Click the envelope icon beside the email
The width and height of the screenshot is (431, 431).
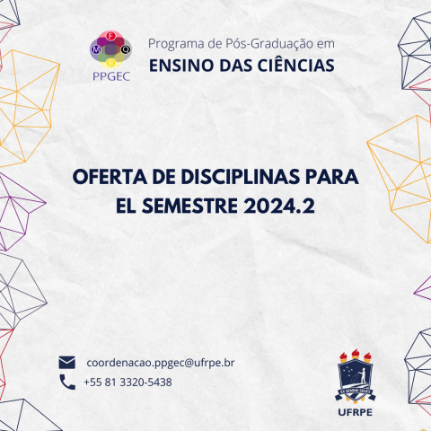tap(66, 363)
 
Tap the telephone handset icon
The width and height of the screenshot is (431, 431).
tap(66, 382)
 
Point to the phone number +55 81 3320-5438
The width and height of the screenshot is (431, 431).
tap(127, 382)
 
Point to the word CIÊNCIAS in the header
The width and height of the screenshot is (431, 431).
tap(292, 65)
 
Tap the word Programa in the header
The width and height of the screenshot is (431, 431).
tap(174, 43)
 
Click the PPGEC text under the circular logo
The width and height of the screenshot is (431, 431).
tap(111, 76)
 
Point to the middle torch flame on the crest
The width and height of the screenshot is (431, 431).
tap(357, 349)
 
